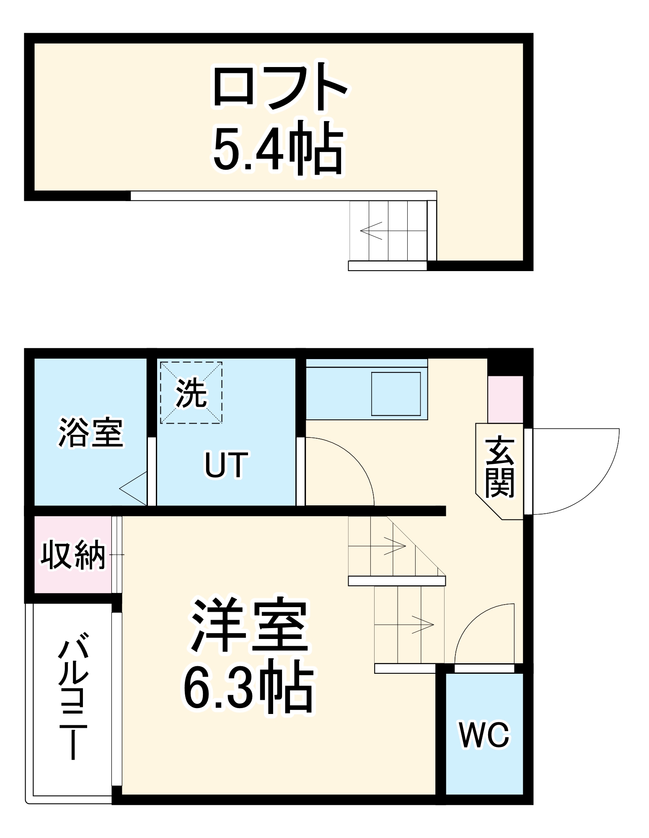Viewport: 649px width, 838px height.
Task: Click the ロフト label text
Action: (x=280, y=87)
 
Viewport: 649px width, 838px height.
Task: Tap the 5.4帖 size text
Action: (x=278, y=147)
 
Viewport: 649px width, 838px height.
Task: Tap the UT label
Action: (x=226, y=465)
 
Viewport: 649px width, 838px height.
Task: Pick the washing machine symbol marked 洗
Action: (x=191, y=393)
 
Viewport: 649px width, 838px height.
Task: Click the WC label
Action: (x=484, y=735)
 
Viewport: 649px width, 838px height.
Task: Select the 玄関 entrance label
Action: (x=499, y=467)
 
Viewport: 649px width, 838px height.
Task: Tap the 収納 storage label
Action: (x=73, y=555)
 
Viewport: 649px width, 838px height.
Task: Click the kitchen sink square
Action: (x=396, y=393)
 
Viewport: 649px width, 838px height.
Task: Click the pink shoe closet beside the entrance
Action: (x=505, y=399)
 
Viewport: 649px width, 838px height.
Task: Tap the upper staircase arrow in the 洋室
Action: (x=395, y=546)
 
